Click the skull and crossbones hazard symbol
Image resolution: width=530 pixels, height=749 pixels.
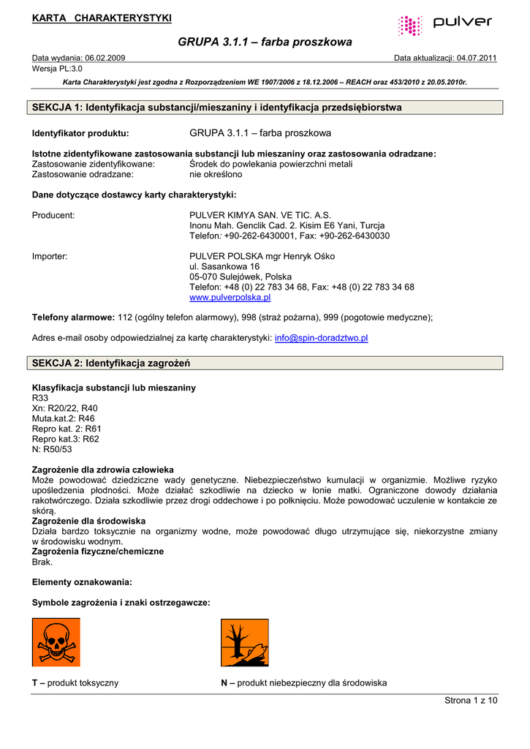pos(56,642)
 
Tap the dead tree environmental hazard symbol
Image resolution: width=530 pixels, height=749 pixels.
pos(245,642)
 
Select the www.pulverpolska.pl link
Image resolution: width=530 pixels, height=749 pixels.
pos(230,298)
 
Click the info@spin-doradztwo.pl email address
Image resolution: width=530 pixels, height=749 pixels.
pos(321,338)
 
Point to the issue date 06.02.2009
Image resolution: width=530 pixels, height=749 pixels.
pos(105,58)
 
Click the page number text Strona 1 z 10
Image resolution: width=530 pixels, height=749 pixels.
pos(471,701)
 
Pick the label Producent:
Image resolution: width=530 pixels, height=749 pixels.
pos(53,215)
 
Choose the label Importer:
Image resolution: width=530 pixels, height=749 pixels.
pos(50,257)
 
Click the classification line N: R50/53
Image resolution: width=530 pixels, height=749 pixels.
pos(53,449)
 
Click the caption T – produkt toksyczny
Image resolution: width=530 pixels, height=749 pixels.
pos(75,682)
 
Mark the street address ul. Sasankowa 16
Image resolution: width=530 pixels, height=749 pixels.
pos(224,267)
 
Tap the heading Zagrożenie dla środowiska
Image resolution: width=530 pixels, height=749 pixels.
pos(88,521)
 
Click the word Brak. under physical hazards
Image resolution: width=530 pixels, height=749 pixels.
pos(43,562)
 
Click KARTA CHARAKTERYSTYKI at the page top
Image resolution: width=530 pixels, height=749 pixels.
pos(102,18)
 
